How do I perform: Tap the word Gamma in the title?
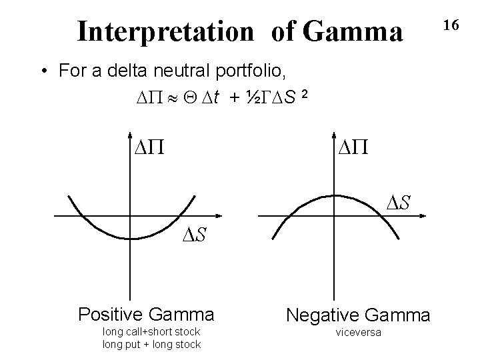355,31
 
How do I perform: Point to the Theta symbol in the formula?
193,99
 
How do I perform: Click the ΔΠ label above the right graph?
353,145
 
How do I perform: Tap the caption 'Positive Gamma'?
146,313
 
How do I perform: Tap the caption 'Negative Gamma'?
358,313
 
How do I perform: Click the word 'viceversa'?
359,332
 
